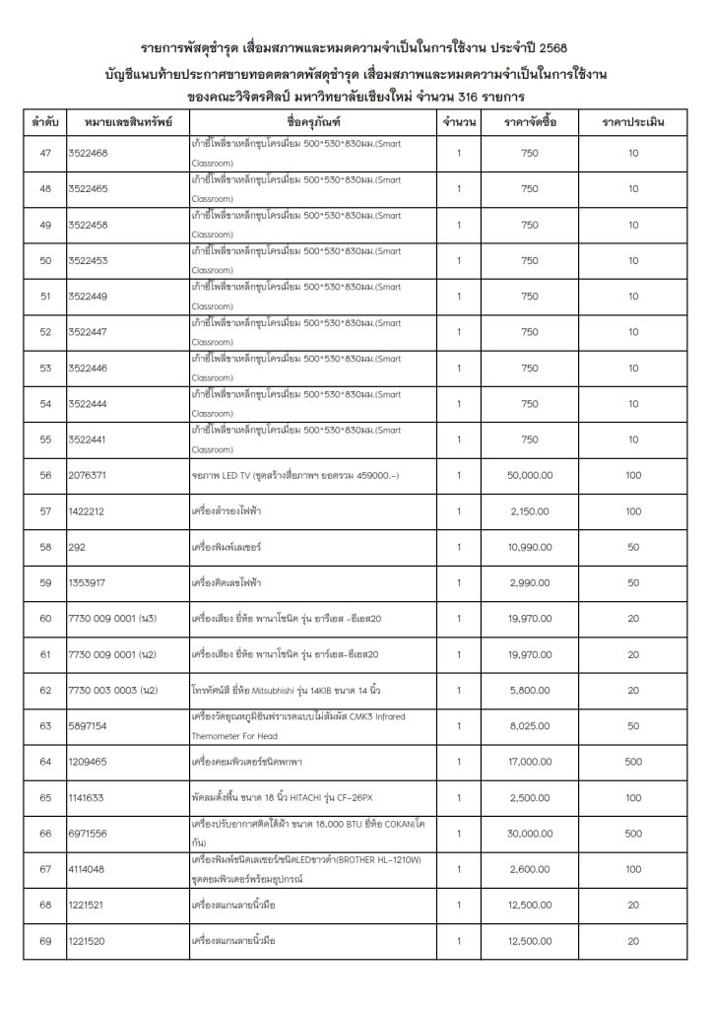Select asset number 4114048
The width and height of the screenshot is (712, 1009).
point(89,869)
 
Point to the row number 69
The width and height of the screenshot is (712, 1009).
point(44,941)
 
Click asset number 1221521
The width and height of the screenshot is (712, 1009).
point(89,905)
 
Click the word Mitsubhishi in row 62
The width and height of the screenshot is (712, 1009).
point(296,690)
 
